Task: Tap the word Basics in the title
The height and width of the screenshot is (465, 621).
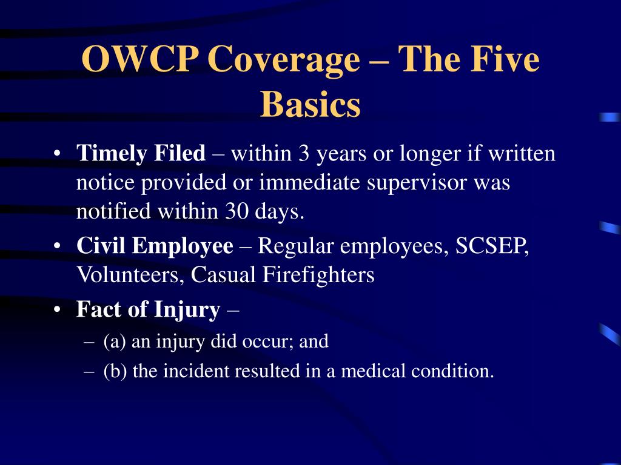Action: coord(310,104)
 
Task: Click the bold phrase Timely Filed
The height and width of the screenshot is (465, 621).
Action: coord(141,153)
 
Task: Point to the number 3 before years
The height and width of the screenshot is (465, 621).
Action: coord(304,153)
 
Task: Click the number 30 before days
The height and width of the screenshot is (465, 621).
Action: coord(237,211)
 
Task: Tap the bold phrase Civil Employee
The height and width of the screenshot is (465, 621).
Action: coord(155,246)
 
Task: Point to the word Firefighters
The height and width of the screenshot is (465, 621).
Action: coord(318,274)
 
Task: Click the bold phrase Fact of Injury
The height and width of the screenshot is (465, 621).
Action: coord(148,309)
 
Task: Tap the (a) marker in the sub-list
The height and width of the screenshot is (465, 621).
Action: coord(115,341)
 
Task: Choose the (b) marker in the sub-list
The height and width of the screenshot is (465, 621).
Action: coord(115,371)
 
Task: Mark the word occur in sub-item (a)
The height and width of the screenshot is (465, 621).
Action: coord(266,341)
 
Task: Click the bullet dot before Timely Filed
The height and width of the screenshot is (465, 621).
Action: coord(58,153)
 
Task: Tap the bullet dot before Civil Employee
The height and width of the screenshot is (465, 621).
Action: coord(58,246)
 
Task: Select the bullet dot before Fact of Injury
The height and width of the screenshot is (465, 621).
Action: coord(58,309)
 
